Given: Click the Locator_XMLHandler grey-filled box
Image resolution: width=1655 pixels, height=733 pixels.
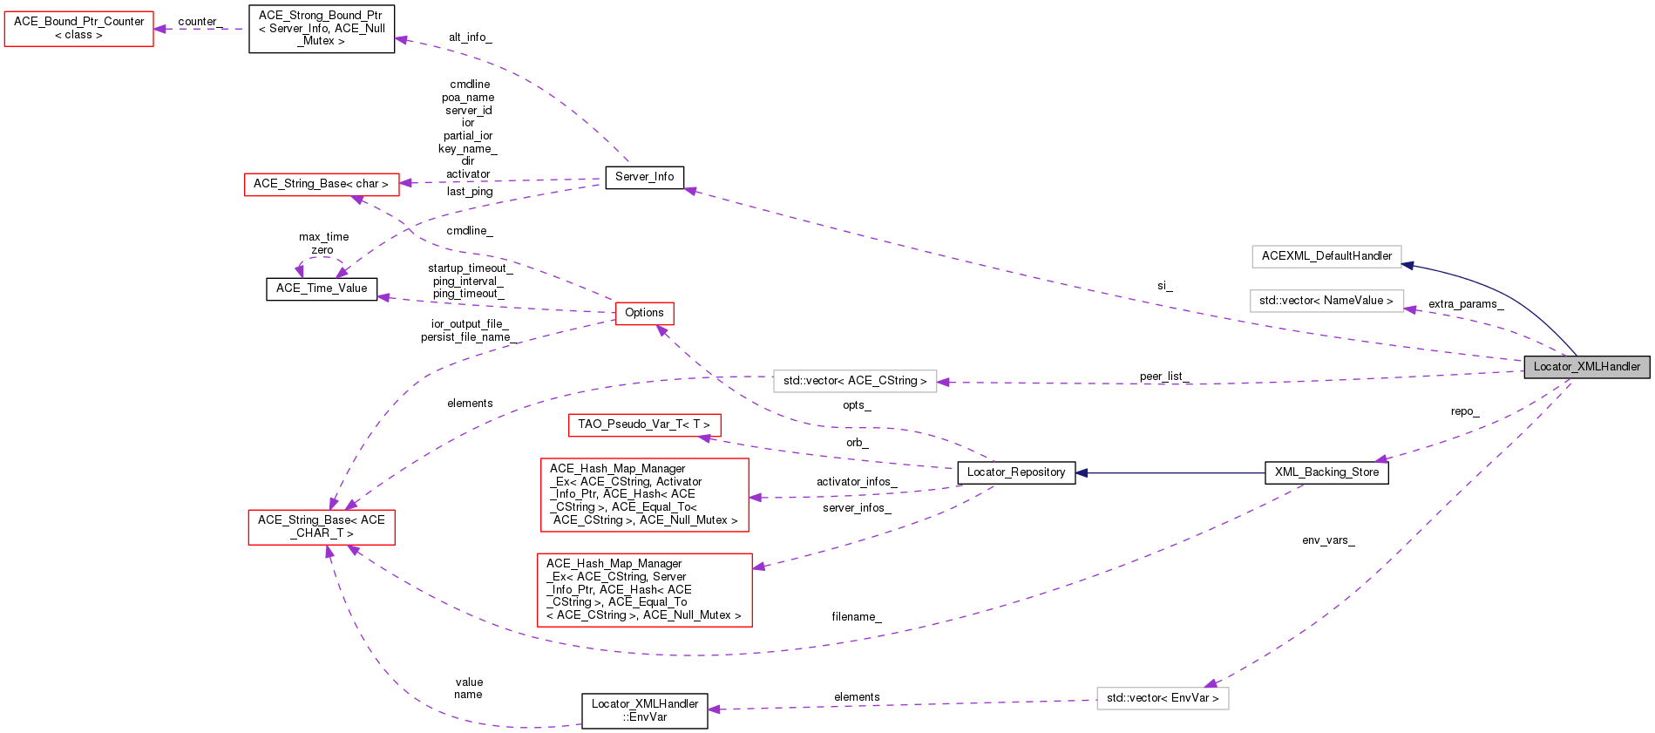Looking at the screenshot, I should click(x=1586, y=367).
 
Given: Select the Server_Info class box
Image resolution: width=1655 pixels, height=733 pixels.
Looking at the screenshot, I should click(x=644, y=177).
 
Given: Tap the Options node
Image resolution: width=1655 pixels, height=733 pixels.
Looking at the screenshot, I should click(x=644, y=313).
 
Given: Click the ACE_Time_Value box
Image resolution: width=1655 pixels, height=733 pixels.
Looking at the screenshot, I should click(x=322, y=288).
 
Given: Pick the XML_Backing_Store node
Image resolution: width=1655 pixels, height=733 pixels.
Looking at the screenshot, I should click(x=1326, y=472).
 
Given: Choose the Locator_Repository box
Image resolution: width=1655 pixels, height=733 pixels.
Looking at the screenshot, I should click(x=1016, y=472).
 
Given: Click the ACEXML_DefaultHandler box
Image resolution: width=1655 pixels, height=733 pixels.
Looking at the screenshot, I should click(x=1326, y=256).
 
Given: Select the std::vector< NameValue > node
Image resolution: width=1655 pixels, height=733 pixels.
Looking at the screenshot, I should click(x=1326, y=301).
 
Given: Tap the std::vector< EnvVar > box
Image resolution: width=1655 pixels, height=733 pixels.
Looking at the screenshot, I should click(x=1163, y=698).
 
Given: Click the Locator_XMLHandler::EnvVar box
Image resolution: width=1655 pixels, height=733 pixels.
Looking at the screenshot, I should click(x=645, y=710).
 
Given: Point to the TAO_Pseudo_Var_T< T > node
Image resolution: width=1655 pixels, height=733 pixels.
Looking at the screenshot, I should click(x=644, y=424).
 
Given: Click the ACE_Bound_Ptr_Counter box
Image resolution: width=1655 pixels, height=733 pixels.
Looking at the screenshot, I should click(x=79, y=28).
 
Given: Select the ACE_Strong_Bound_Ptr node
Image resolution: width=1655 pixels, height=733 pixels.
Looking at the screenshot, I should click(x=322, y=28).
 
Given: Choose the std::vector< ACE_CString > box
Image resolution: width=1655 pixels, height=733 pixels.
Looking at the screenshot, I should click(x=855, y=381).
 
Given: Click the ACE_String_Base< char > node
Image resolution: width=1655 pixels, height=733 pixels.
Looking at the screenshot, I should click(x=321, y=184).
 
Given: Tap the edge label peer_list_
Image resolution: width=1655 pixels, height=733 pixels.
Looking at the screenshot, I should click(x=1164, y=377).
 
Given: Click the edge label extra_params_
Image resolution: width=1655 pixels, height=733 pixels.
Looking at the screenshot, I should click(x=1466, y=304).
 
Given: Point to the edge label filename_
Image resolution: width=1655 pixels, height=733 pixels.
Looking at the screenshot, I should click(x=857, y=617).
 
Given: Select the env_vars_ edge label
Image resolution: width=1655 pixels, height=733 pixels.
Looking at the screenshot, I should click(x=1328, y=540).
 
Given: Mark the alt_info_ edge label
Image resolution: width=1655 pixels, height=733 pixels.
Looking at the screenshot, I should click(x=471, y=37).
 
